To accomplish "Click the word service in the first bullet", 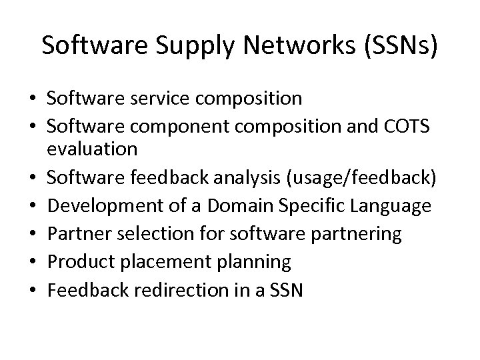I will click(157, 99).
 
